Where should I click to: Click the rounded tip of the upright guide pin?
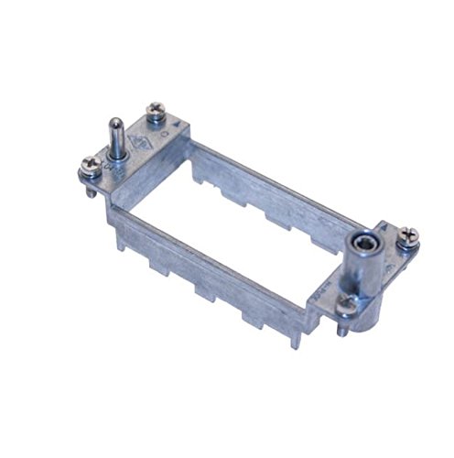click(116, 124)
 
